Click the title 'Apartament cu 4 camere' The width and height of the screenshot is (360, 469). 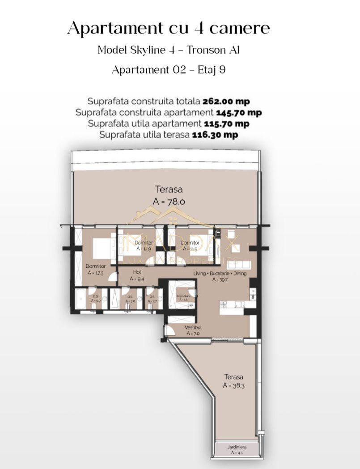[169, 29]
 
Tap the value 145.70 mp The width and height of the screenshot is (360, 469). [238, 112]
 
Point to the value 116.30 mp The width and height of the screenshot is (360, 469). [215, 134]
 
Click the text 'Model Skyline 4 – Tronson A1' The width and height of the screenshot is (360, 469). [169, 50]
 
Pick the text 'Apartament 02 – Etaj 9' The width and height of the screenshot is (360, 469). [169, 70]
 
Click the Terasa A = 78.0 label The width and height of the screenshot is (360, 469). [169, 195]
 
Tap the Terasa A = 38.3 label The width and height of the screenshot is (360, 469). [233, 381]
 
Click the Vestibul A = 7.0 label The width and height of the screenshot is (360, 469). [193, 330]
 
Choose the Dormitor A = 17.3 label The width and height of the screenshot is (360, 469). [96, 269]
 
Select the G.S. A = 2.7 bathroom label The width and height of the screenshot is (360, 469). [152, 299]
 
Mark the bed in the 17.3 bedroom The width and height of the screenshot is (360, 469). [104, 247]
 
